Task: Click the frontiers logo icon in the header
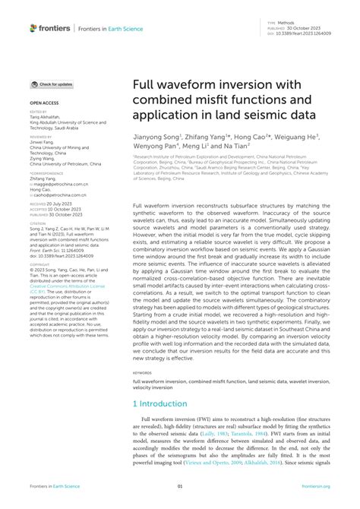[33, 28]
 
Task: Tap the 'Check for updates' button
[52, 84]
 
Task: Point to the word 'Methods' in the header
[286, 24]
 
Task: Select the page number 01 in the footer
[180, 487]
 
